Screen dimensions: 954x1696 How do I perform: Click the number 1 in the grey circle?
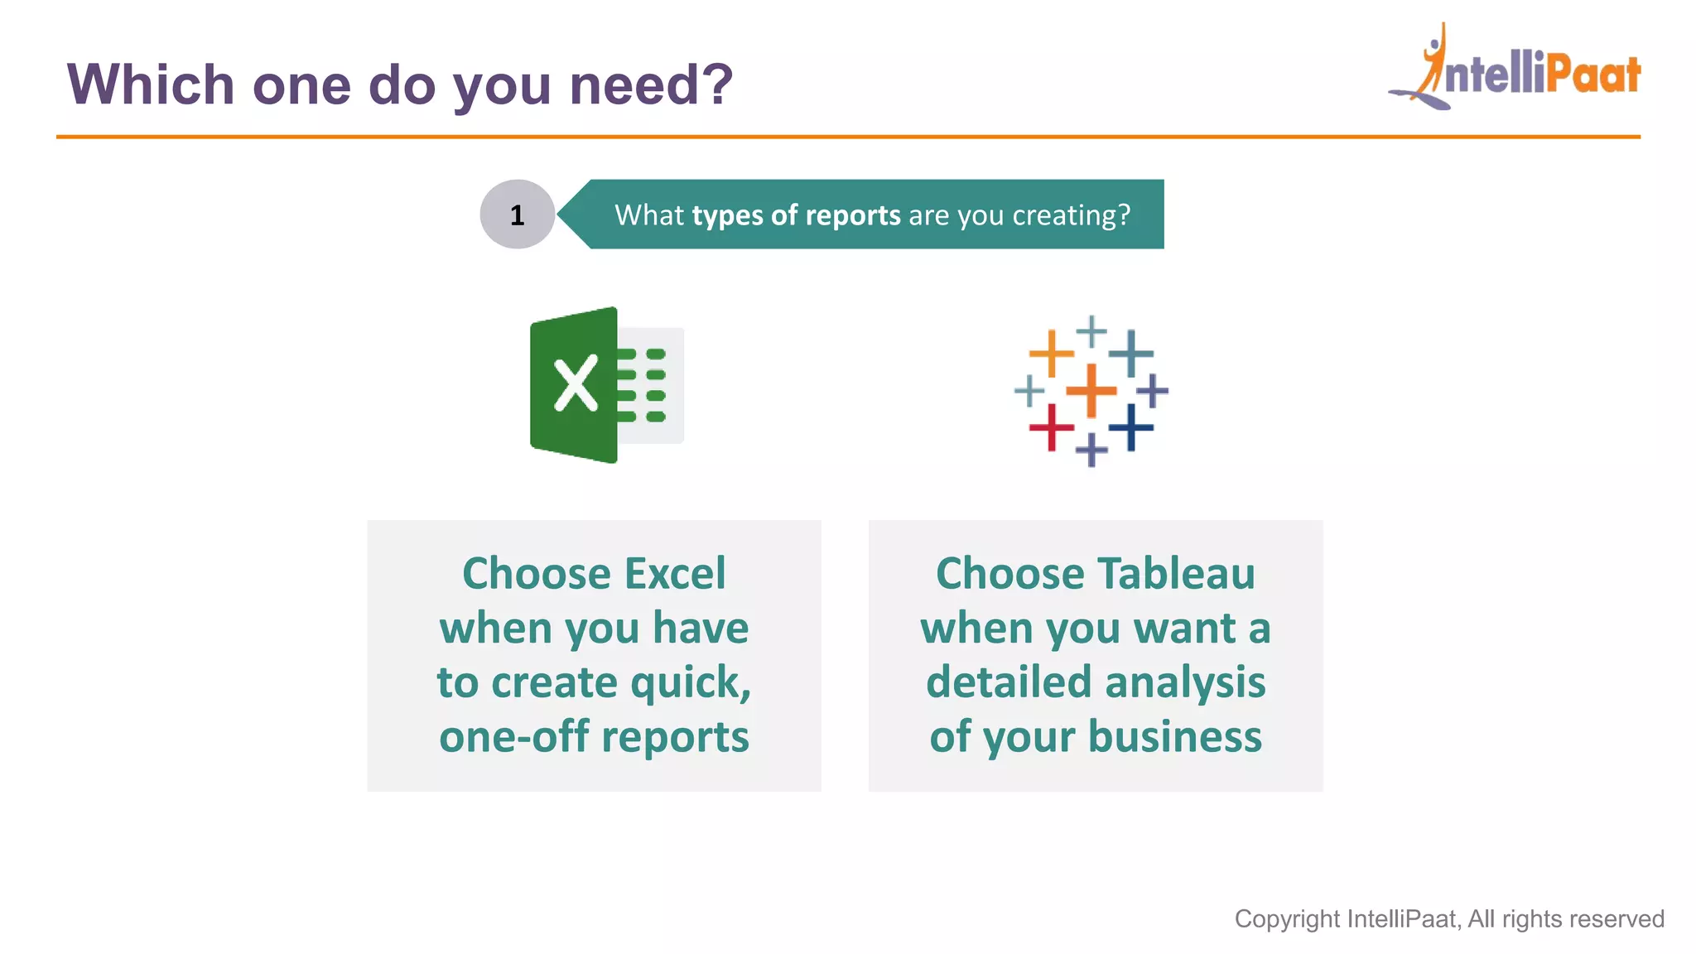click(517, 215)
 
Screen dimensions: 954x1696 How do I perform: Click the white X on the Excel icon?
click(576, 383)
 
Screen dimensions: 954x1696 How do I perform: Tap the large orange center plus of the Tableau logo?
click(1091, 389)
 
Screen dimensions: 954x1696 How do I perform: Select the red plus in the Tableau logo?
click(1051, 427)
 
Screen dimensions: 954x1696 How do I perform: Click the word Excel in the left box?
click(676, 573)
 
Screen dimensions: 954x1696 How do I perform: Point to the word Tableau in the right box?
click(1176, 573)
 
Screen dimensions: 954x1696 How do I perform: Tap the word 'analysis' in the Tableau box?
click(1185, 682)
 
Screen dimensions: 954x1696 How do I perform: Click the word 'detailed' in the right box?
click(1008, 682)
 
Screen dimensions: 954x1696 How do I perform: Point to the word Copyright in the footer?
click(1287, 918)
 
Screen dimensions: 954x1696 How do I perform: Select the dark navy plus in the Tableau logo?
click(1130, 427)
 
